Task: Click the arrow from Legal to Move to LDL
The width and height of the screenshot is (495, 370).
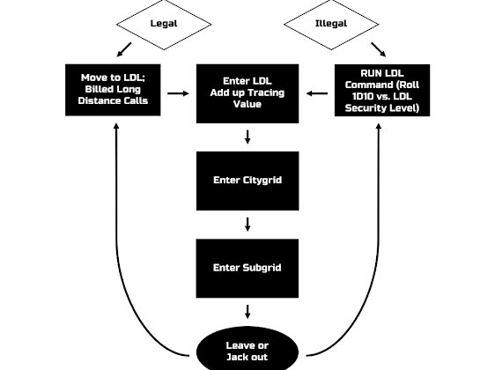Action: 123,50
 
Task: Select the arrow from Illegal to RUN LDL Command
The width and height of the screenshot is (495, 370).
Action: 376,49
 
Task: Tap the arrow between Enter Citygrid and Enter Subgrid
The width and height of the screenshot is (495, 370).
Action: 247,224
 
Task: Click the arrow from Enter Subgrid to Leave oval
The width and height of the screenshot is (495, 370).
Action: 247,311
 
